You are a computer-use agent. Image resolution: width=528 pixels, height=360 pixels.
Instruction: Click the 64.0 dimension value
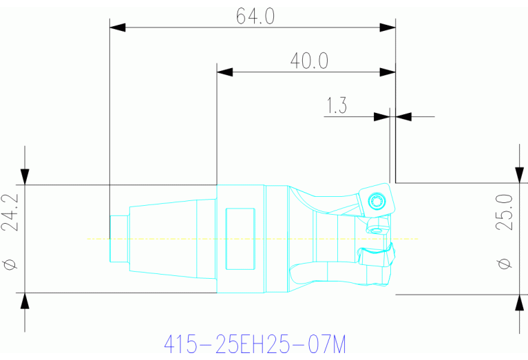(x=255, y=15)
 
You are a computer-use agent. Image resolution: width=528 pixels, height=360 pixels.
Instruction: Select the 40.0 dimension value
(x=308, y=61)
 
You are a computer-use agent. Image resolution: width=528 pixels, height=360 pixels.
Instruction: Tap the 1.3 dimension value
(x=336, y=105)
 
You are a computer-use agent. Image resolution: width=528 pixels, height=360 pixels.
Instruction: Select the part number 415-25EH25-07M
(x=253, y=343)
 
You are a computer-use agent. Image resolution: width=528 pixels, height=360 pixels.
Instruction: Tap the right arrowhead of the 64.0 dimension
(x=388, y=28)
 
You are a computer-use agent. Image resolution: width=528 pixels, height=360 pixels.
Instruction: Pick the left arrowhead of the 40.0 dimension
(x=226, y=72)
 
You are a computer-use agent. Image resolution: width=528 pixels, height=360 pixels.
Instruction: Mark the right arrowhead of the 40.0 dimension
(x=388, y=72)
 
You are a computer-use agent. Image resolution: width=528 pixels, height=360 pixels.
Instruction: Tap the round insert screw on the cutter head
(x=376, y=202)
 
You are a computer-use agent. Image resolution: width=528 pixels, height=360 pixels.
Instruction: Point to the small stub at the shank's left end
(x=119, y=238)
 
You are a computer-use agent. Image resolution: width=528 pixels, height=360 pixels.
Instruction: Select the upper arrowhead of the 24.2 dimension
(x=25, y=176)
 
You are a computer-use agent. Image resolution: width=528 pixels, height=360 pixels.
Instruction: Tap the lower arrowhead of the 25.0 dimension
(x=518, y=304)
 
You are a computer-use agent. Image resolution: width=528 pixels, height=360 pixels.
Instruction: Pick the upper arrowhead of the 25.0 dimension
(x=518, y=174)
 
